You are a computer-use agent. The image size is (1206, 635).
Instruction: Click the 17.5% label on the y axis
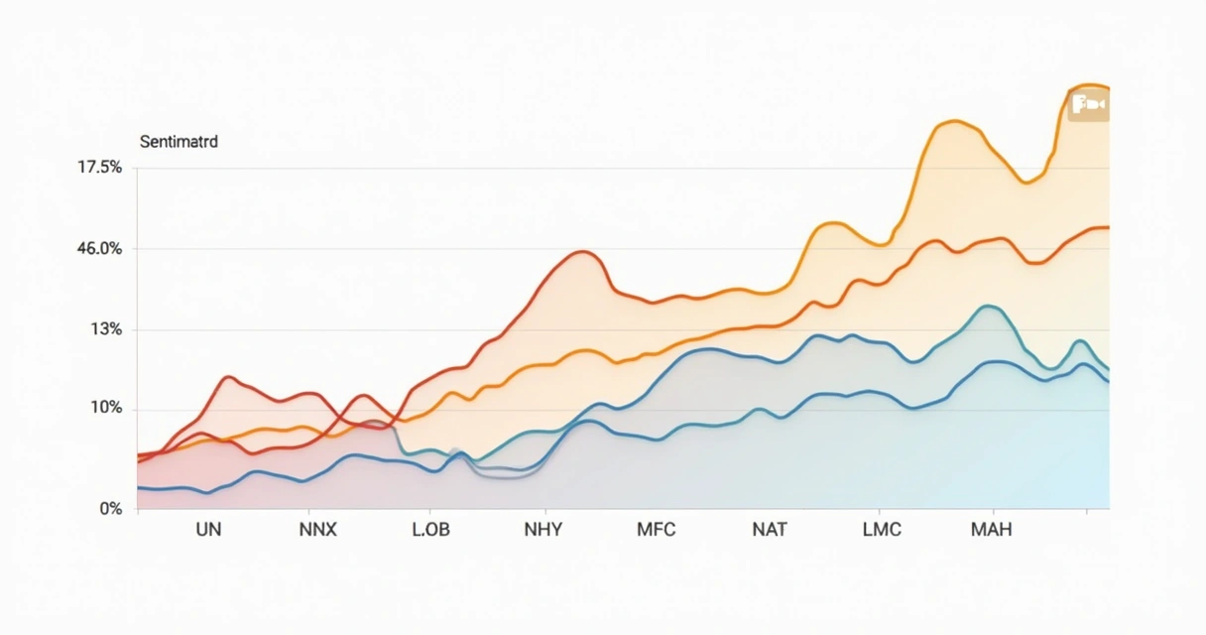click(x=99, y=168)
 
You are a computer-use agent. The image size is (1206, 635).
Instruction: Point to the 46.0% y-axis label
click(x=99, y=249)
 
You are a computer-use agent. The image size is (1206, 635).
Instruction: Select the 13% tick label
click(x=105, y=329)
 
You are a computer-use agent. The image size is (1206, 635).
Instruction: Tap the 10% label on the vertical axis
click(x=105, y=409)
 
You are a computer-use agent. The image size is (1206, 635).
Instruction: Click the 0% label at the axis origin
click(x=111, y=509)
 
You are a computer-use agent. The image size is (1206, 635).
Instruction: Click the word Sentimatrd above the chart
click(x=179, y=142)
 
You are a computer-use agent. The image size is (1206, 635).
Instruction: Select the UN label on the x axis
click(x=208, y=530)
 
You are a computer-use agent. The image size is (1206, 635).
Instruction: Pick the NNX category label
click(x=317, y=530)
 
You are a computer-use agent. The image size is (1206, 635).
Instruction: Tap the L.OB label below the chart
click(x=430, y=530)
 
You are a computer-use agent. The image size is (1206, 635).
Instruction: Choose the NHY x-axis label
click(x=543, y=530)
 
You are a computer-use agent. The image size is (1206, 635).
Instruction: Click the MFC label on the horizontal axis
click(x=656, y=530)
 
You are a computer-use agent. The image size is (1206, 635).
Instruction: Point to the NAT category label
click(x=770, y=530)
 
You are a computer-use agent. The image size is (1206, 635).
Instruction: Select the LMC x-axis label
click(x=882, y=530)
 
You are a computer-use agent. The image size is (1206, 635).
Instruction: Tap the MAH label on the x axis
click(x=991, y=530)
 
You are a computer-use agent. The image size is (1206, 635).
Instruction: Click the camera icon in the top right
click(x=1088, y=104)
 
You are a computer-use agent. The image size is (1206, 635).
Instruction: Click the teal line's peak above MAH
click(x=988, y=306)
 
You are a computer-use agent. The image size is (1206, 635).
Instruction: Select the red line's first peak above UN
click(x=230, y=377)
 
